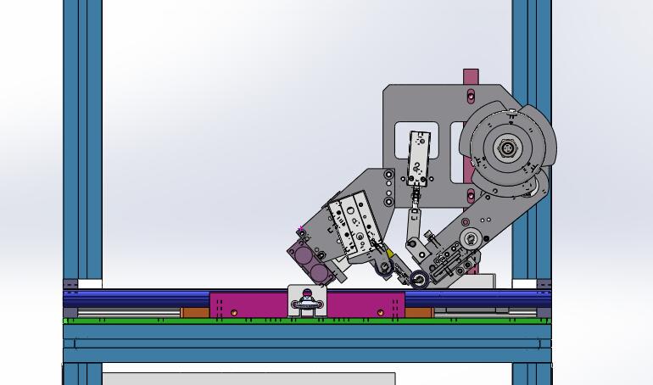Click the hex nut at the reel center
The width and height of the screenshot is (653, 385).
507,148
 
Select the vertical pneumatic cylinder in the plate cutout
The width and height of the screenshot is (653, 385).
419,159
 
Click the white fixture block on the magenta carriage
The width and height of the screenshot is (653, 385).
307,300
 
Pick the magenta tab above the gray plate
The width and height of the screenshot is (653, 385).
471,76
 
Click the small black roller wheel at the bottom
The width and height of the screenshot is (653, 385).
418,278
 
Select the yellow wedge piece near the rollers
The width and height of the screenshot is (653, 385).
388,253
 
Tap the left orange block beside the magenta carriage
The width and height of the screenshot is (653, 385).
195,312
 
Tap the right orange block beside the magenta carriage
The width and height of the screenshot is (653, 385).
418,312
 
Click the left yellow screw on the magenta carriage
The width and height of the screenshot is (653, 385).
234,313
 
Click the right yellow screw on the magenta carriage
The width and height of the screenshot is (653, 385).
380,313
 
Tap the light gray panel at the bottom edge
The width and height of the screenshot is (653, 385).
246,378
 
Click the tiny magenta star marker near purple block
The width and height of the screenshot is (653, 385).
301,229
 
